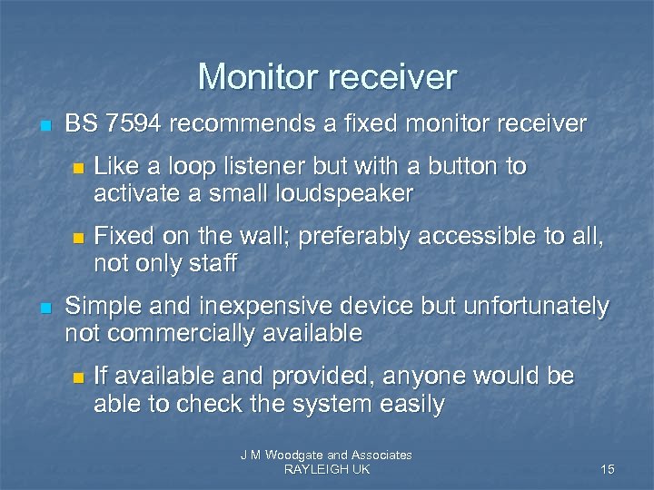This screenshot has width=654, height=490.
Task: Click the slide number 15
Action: pyautogui.click(x=608, y=469)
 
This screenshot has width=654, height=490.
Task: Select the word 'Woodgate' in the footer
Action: pyautogui.click(x=293, y=455)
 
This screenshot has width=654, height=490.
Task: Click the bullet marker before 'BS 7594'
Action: pyautogui.click(x=45, y=122)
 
